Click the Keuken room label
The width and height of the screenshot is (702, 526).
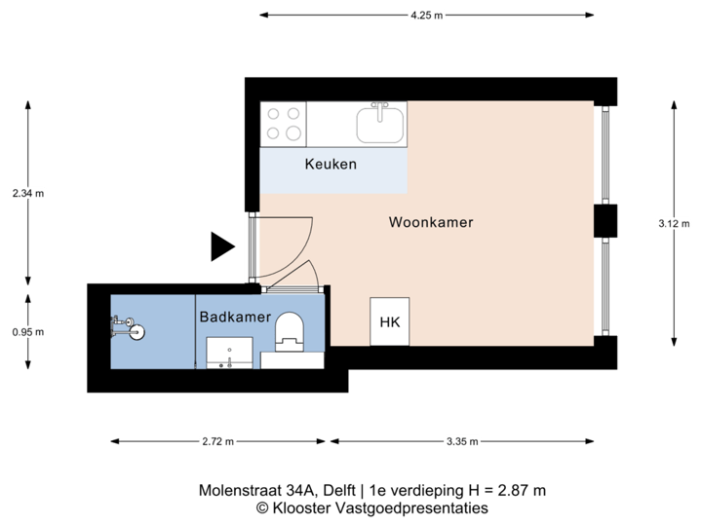(x=331, y=164)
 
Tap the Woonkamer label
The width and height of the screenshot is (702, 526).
(x=431, y=222)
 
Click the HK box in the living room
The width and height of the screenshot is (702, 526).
(x=390, y=321)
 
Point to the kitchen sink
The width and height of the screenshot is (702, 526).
(x=380, y=124)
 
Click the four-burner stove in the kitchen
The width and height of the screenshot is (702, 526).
(x=284, y=124)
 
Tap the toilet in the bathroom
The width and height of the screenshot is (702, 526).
(x=290, y=331)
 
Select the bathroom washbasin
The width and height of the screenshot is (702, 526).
(x=229, y=352)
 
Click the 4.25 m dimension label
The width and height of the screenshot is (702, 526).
(x=426, y=16)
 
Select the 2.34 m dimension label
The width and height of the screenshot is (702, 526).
(x=27, y=193)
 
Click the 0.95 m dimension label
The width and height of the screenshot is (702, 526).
(x=27, y=332)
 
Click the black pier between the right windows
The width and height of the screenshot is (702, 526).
(x=606, y=221)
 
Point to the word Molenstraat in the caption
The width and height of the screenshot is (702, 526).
(x=231, y=490)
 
